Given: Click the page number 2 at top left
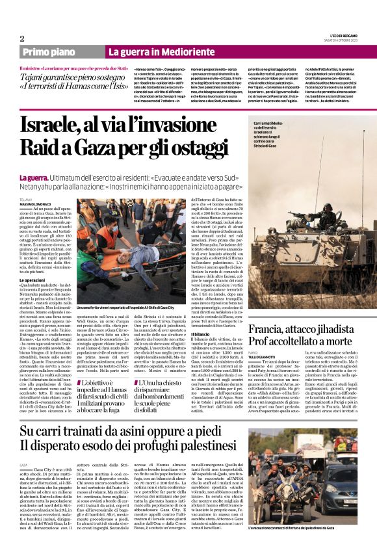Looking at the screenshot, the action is pyautogui.click(x=21, y=38).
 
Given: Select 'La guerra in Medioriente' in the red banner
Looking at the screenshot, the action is pyautogui.click(x=153, y=52).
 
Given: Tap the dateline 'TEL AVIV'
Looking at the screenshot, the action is pyautogui.click(x=27, y=198).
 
